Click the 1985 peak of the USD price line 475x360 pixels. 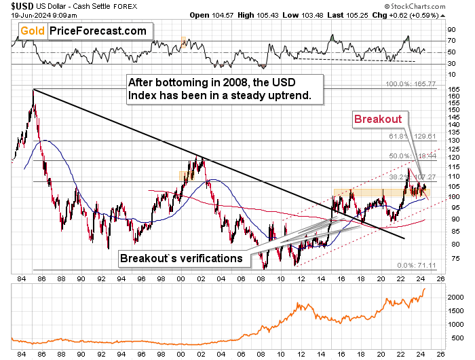coord(33,90)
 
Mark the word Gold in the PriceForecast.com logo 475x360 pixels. coord(32,31)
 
